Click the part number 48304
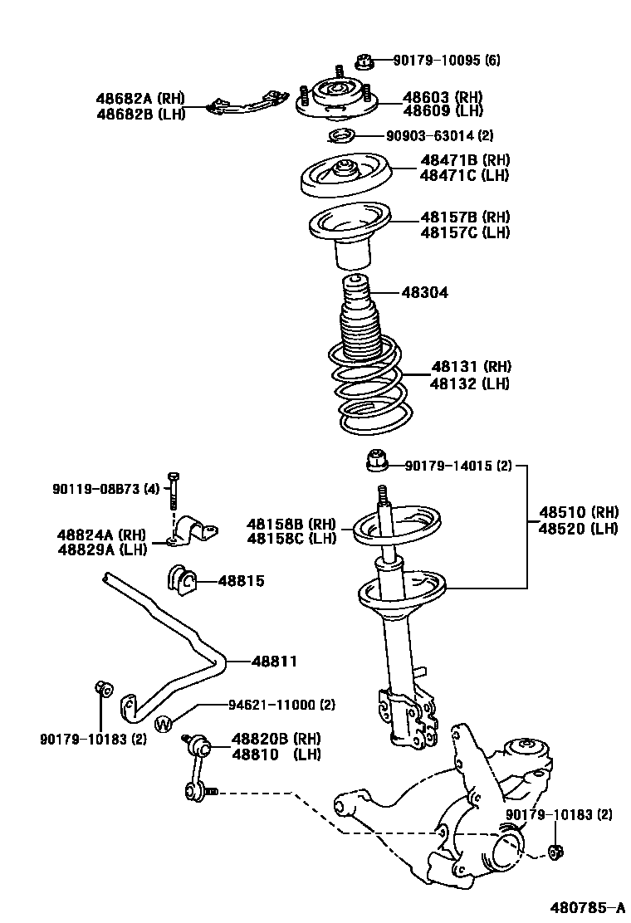coord(424,292)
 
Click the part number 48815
coord(241,581)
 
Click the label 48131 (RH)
coord(471,366)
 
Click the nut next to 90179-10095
coord(363,60)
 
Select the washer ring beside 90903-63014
coord(340,136)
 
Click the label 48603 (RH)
coord(443,96)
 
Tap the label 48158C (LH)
coord(291,539)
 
